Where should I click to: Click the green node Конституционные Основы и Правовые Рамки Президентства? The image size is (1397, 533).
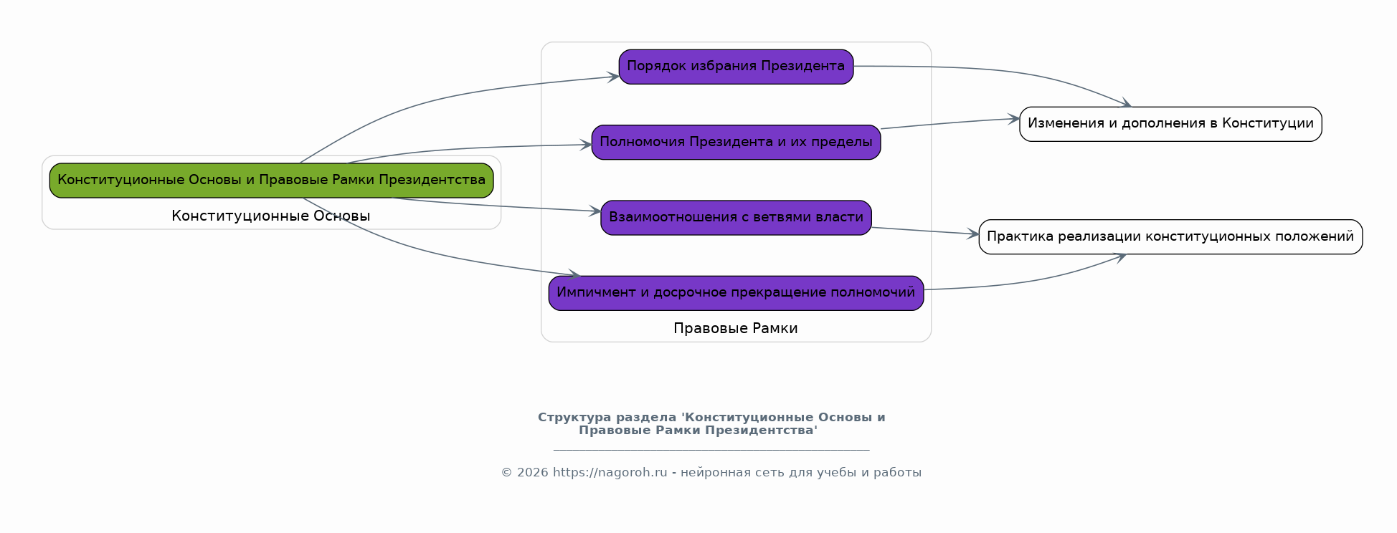pos(271,180)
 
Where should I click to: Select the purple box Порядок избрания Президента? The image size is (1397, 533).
pos(736,67)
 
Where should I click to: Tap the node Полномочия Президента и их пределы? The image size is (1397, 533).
pos(736,142)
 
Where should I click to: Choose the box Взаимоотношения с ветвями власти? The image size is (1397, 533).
pos(736,217)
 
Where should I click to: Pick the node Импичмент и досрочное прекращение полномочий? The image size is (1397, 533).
pos(736,292)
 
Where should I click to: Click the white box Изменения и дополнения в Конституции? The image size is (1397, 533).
pos(1170,123)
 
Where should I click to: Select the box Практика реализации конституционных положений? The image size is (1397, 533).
pos(1170,236)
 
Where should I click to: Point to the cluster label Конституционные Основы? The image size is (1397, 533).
pos(271,216)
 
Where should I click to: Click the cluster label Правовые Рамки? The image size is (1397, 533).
pos(735,328)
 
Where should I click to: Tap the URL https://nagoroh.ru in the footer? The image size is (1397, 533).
pos(610,472)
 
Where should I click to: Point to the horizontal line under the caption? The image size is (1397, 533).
pos(711,450)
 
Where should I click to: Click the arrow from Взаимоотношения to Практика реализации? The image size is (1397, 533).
pos(925,231)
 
